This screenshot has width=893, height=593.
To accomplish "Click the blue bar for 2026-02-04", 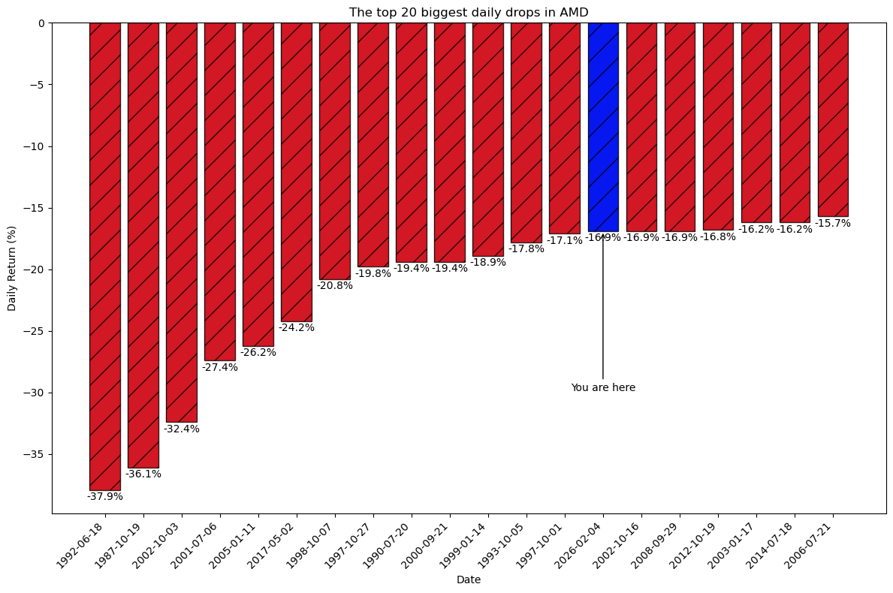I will point(603,127).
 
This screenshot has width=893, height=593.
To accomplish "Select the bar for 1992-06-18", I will point(105,256).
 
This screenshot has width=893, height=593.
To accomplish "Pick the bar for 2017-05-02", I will point(297,172).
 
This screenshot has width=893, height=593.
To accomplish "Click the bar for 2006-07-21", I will point(833,119).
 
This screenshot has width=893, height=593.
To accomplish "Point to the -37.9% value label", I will point(105,496).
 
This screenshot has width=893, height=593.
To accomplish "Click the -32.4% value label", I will point(182,429).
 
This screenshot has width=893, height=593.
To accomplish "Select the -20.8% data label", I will point(335,286).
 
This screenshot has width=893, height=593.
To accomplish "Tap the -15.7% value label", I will point(833,224).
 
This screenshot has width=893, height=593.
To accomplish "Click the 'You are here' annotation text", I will point(603,388).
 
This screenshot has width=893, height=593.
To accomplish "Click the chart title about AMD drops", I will point(469,12).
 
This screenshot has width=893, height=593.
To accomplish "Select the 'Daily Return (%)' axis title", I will point(12,268).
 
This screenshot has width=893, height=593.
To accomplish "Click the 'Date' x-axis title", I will point(469,579).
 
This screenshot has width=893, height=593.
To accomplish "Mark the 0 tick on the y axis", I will point(42,23).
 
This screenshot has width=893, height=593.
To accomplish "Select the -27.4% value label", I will point(220,368).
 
